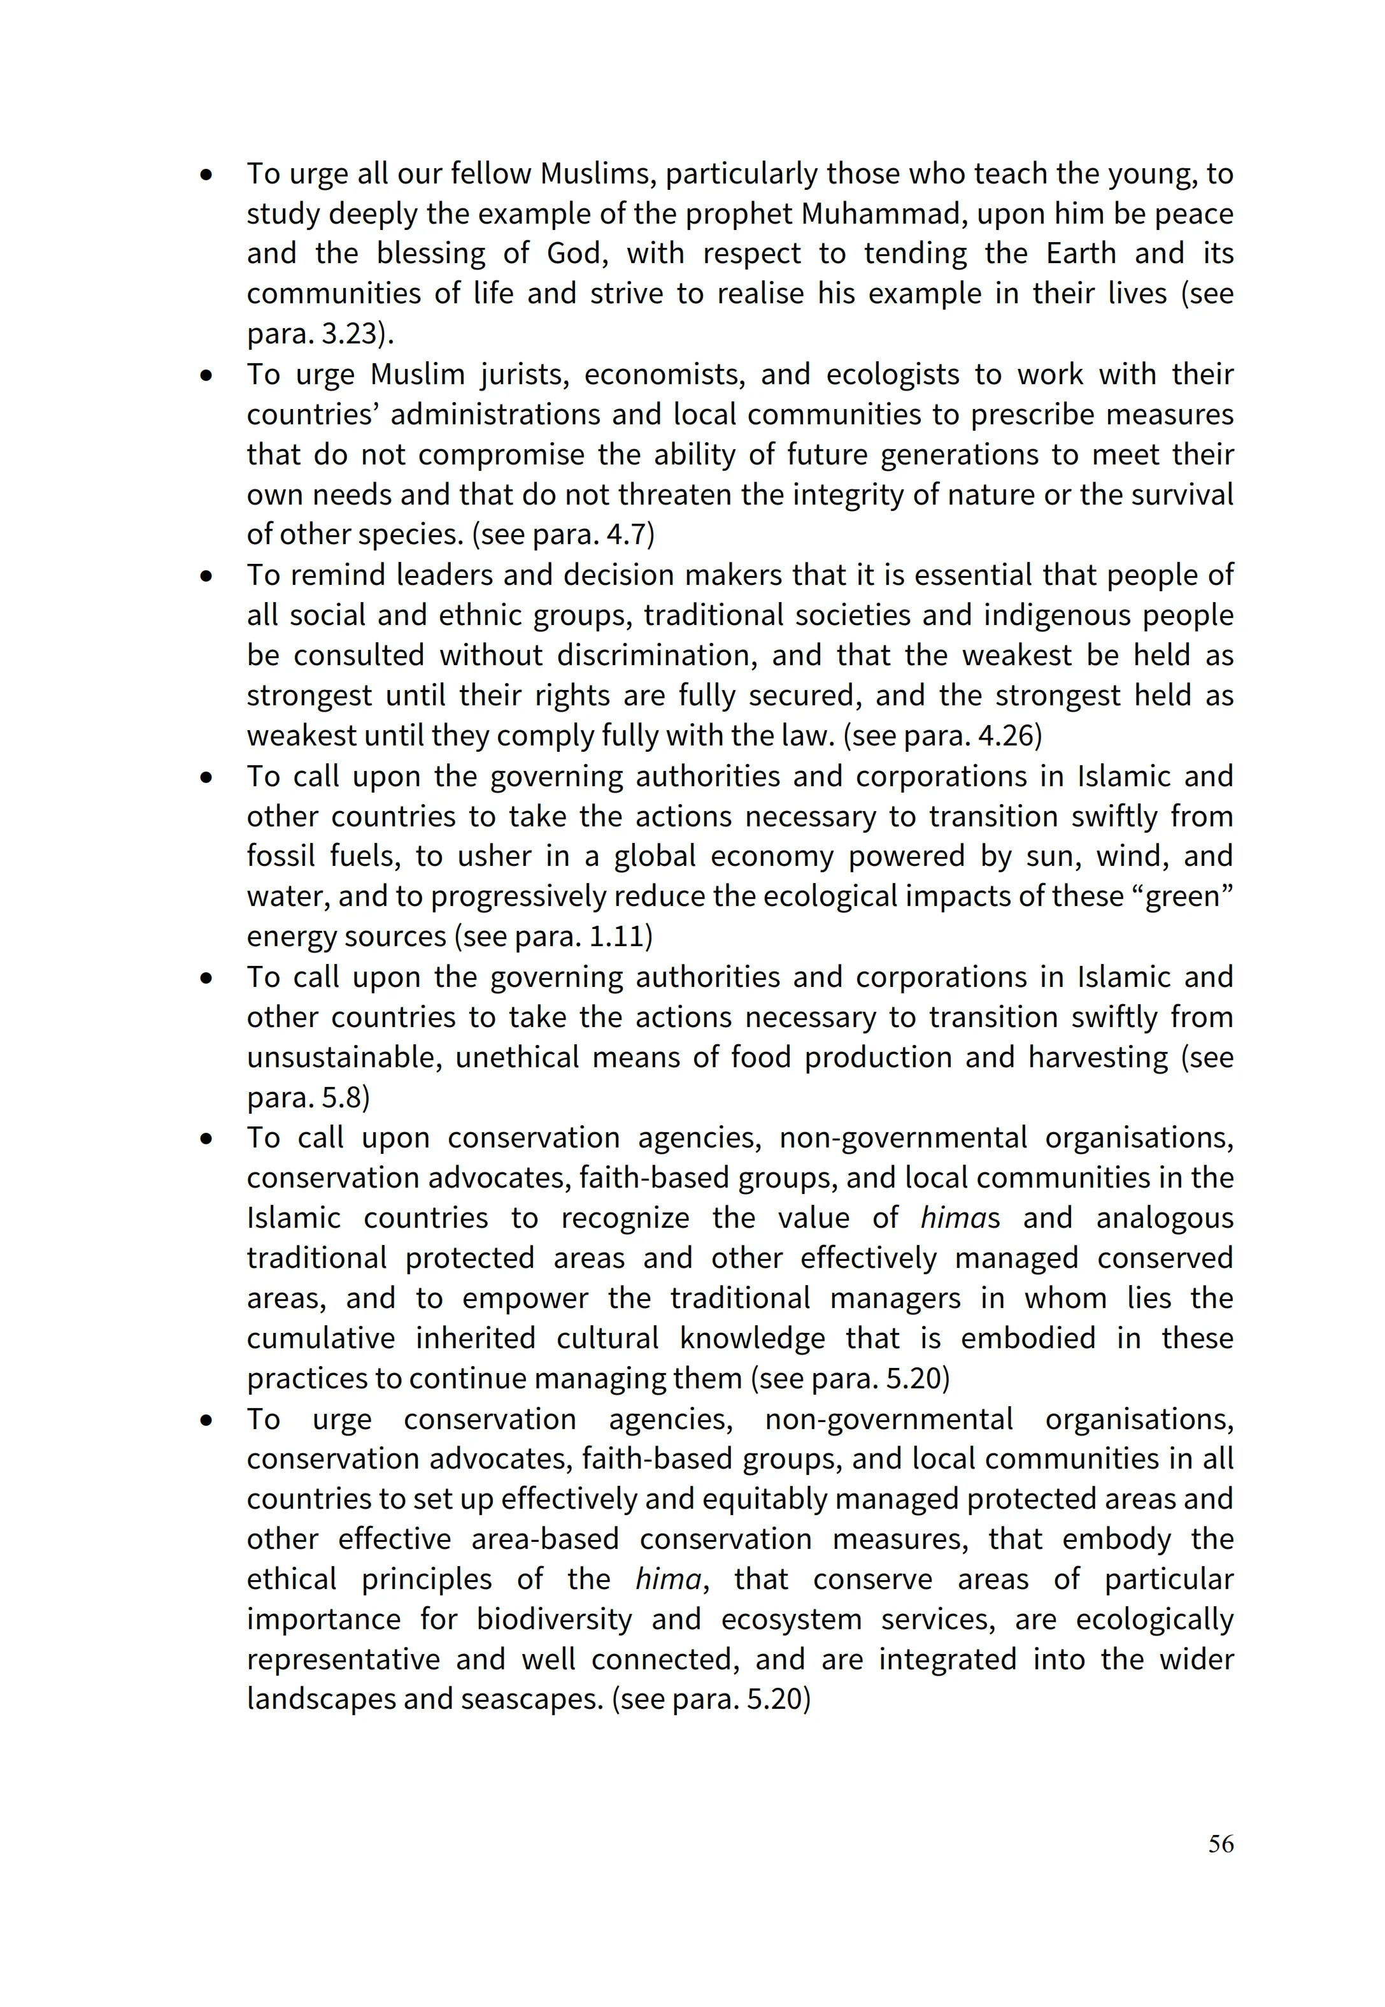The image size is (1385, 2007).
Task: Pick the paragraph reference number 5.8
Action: (340, 1098)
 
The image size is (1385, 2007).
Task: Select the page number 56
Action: (1220, 1844)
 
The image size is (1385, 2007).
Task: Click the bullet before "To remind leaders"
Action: (206, 575)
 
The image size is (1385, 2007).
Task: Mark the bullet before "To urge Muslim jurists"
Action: (206, 375)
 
